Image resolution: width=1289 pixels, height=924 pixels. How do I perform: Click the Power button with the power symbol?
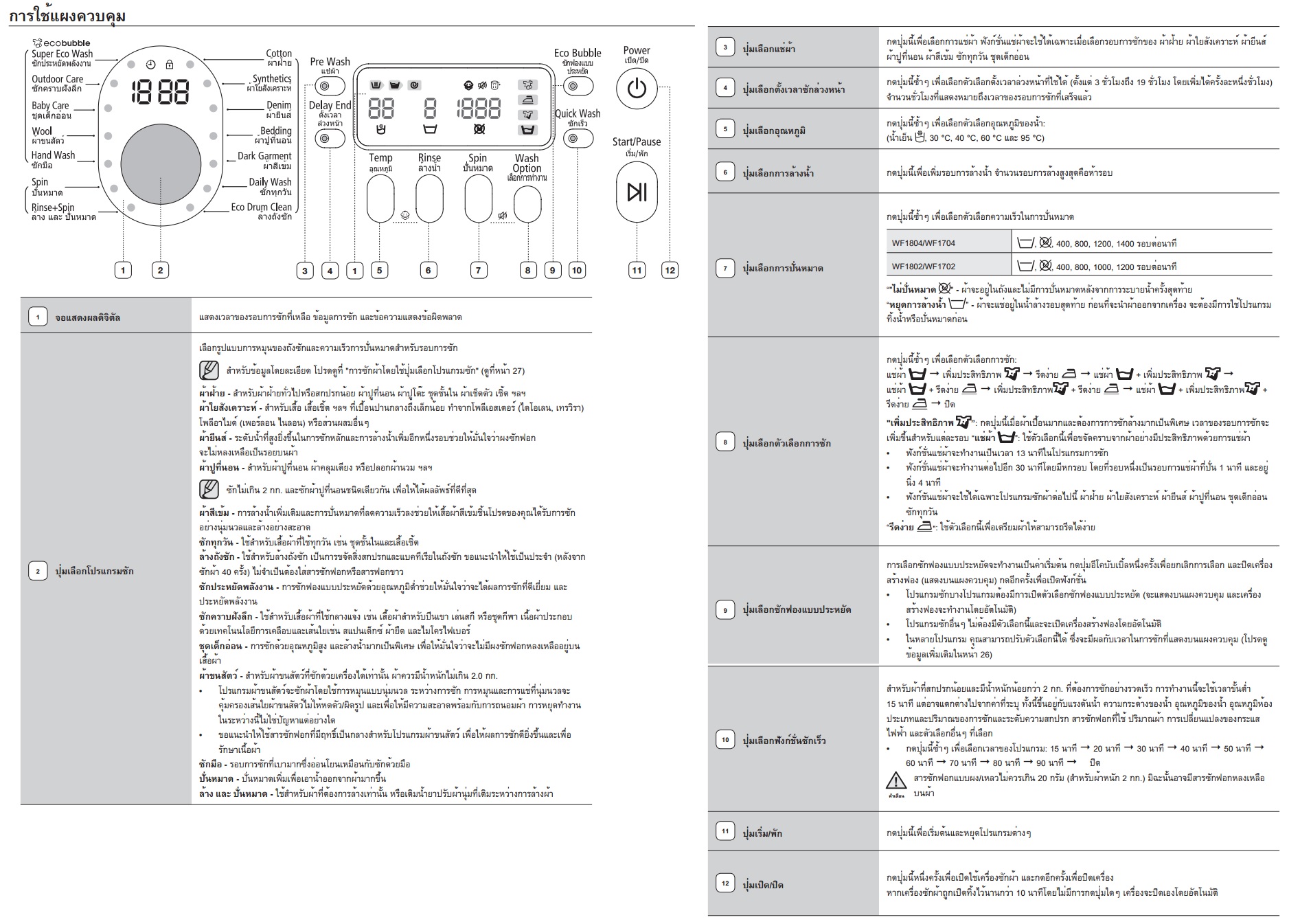pyautogui.click(x=637, y=89)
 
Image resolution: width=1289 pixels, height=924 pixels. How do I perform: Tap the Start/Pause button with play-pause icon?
pyautogui.click(x=637, y=192)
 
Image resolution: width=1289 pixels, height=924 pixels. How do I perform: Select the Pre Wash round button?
pyautogui.click(x=324, y=87)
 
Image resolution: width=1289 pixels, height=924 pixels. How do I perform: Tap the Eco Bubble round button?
pyautogui.click(x=578, y=87)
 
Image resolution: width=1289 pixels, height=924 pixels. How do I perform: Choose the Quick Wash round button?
pyautogui.click(x=578, y=139)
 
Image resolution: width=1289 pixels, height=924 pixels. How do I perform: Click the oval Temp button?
pyautogui.click(x=380, y=199)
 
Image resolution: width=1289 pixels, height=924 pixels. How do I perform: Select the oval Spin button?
pyautogui.click(x=478, y=199)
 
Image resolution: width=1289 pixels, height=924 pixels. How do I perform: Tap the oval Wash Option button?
pyautogui.click(x=527, y=204)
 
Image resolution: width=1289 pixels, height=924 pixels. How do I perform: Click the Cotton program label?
pyautogui.click(x=279, y=54)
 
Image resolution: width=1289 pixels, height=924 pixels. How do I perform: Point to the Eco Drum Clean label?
pyautogui.click(x=261, y=207)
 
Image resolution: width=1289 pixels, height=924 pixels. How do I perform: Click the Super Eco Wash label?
pyautogui.click(x=62, y=54)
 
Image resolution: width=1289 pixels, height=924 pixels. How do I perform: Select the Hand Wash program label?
pyautogui.click(x=53, y=155)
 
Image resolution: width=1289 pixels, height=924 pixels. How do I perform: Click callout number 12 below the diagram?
pyautogui.click(x=670, y=270)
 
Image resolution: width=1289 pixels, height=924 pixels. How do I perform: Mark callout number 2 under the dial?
pyautogui.click(x=160, y=270)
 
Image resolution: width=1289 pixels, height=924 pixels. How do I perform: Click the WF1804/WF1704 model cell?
pyautogui.click(x=923, y=243)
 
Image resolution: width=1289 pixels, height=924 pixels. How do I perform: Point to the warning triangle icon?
pyautogui.click(x=896, y=780)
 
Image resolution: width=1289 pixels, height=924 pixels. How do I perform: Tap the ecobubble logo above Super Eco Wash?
pyautogui.click(x=62, y=43)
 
